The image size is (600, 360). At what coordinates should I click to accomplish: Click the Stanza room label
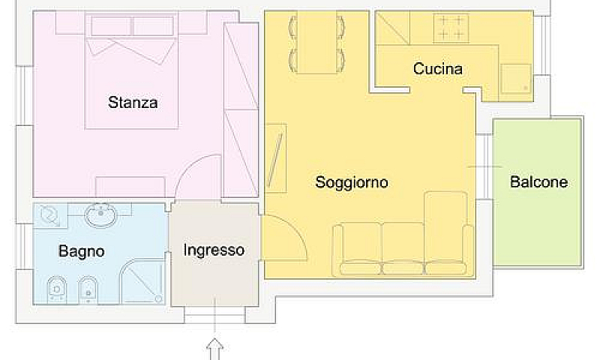pos(133,103)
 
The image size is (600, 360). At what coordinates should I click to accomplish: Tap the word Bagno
pos(82,251)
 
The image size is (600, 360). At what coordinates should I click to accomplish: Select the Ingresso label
pos(214,250)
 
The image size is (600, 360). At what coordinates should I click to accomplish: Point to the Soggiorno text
pos(352,182)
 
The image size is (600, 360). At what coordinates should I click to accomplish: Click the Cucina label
pos(438,69)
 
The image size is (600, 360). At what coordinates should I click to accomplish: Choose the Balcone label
pos(538,181)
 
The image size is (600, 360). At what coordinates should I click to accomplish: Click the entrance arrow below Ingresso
pos(214,349)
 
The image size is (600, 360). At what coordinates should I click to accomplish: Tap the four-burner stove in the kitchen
pos(451,28)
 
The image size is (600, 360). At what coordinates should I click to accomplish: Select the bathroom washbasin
pos(100,215)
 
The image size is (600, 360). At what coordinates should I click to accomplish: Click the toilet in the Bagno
pos(57,289)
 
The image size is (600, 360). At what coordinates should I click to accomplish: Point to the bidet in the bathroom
pos(88,289)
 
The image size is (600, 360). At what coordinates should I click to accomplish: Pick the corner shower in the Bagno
pos(142,281)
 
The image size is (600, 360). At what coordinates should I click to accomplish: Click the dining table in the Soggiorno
pos(316,43)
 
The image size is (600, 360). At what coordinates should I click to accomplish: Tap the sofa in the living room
pos(403,249)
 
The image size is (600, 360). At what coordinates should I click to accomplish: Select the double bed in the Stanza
pos(132,71)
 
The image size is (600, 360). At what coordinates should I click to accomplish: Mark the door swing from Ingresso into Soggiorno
pos(292,229)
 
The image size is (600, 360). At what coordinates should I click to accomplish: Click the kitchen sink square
pos(516,79)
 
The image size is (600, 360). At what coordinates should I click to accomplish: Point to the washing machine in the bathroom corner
pos(49,214)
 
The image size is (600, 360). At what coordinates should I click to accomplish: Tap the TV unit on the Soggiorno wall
pos(275,158)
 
